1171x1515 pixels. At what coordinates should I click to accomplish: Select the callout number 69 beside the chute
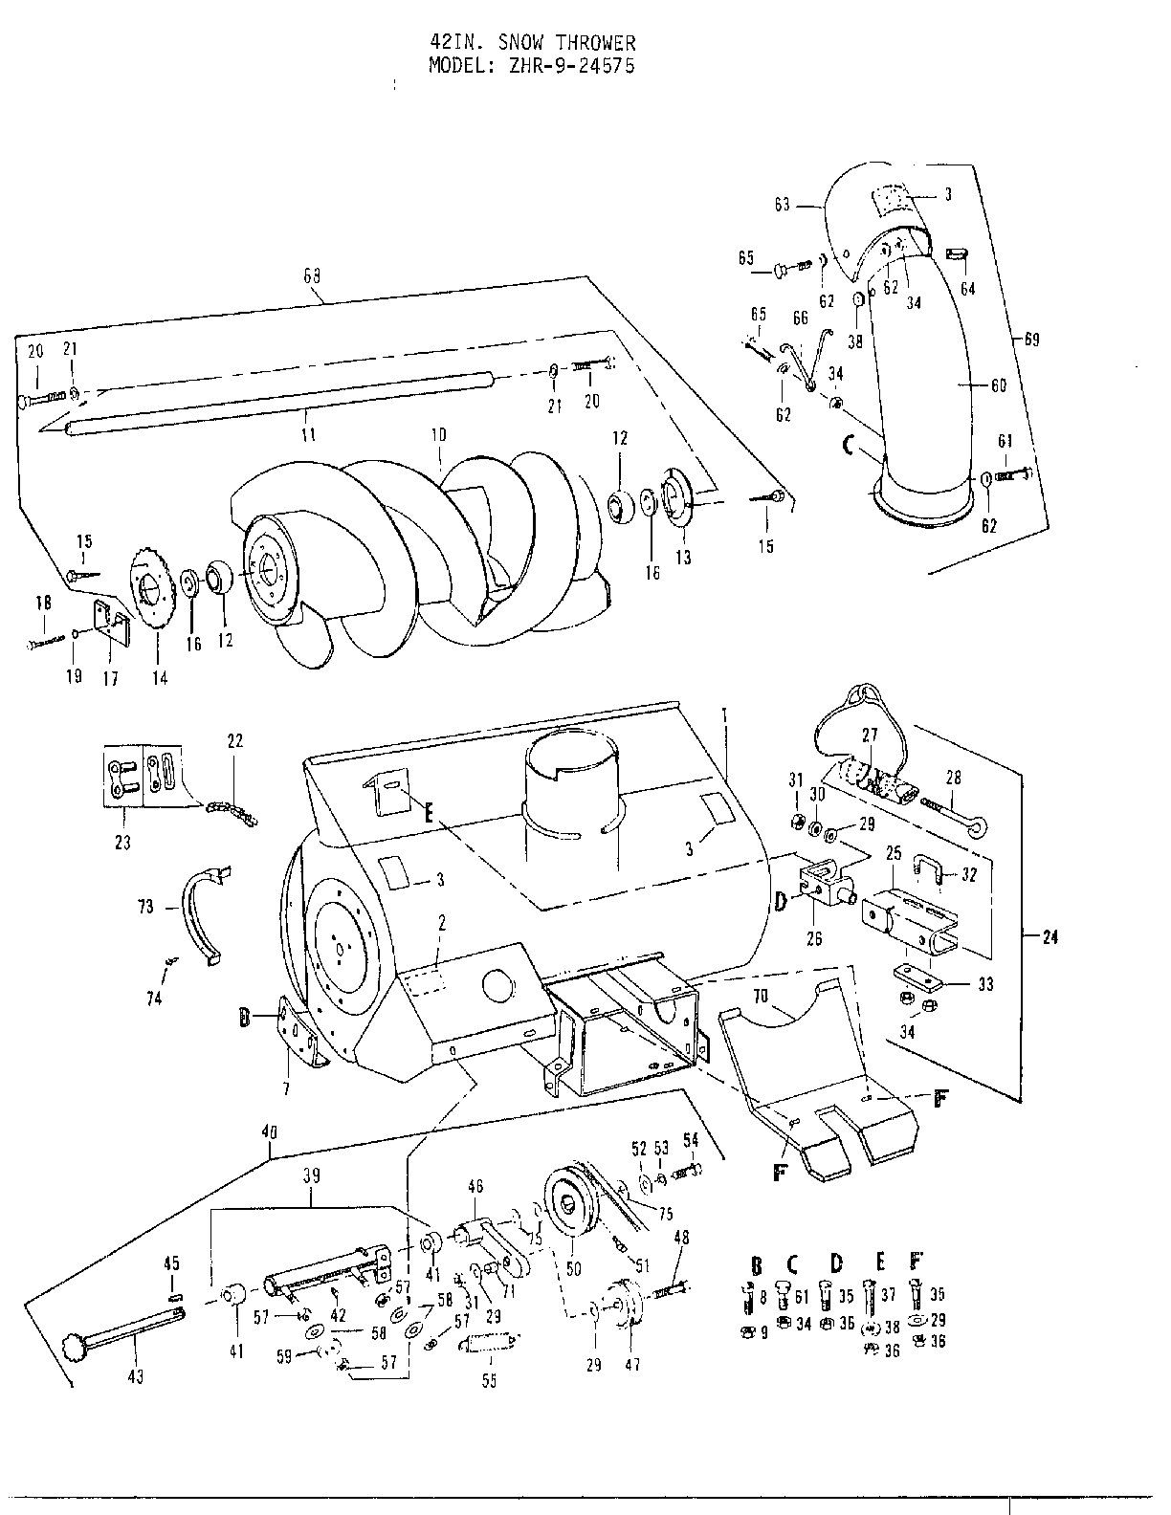point(1030,339)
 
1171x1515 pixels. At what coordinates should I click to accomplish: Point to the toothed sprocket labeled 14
point(149,585)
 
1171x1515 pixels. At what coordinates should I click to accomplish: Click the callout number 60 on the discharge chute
point(997,385)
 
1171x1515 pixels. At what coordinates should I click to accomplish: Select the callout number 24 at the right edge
point(1050,937)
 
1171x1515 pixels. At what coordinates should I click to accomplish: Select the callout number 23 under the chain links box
point(122,843)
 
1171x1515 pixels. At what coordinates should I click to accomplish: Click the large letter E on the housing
point(429,814)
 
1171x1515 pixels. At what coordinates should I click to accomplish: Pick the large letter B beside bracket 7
point(246,1019)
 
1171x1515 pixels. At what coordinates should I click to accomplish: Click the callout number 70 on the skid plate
point(760,997)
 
